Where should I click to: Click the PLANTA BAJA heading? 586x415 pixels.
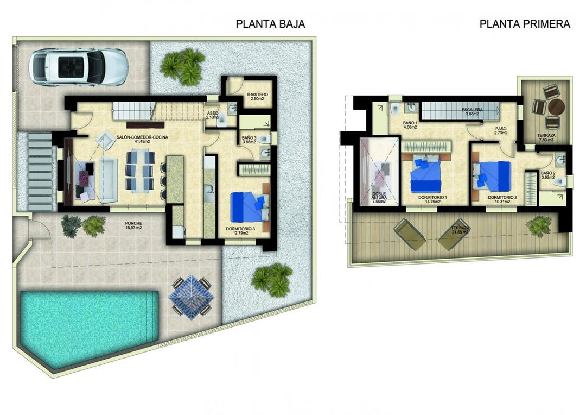tap(270, 24)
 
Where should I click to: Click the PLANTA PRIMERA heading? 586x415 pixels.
tap(525, 24)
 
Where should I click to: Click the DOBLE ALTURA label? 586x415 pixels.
tap(379, 197)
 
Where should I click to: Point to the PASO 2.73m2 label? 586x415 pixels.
tap(500, 131)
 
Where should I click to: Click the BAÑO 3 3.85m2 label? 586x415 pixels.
tap(250, 141)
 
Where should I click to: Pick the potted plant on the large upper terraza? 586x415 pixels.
tap(539, 224)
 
